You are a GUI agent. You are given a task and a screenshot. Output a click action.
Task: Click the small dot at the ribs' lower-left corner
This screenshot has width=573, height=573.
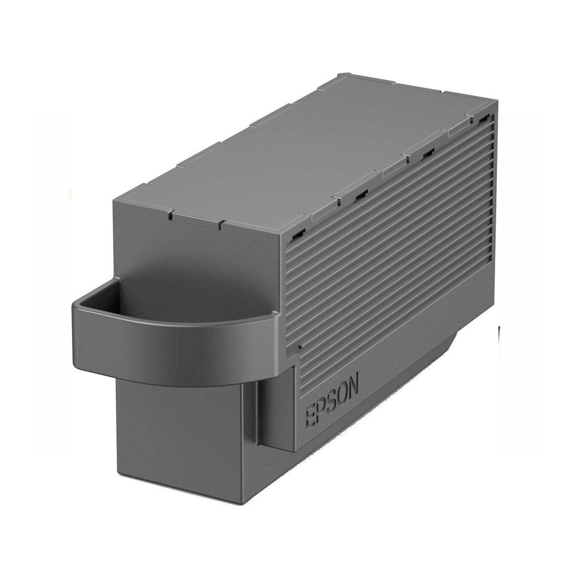click(299, 348)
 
